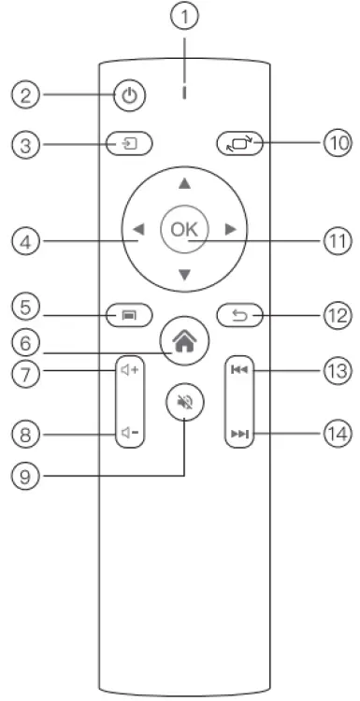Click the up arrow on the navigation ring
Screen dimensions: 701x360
tap(184, 184)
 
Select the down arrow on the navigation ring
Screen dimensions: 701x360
tap(184, 274)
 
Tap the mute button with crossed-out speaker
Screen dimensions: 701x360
tap(183, 404)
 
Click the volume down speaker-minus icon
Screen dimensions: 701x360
tap(130, 433)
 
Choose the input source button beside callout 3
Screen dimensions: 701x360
tap(130, 145)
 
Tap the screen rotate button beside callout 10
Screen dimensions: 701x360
tap(238, 145)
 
